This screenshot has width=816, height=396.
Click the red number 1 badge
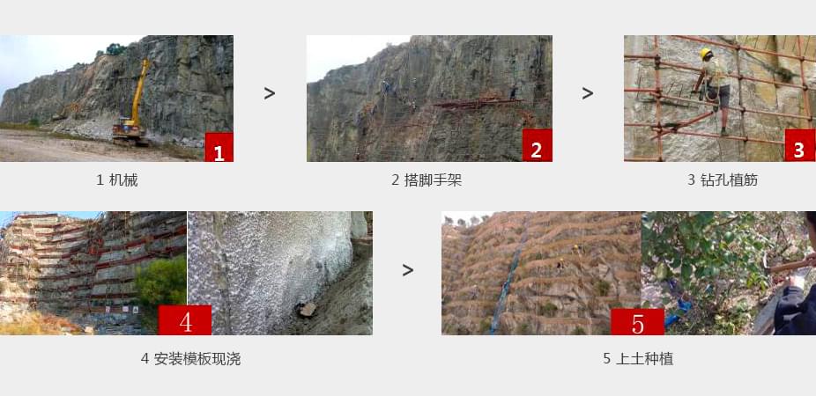[219, 148]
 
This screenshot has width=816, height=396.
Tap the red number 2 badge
[537, 148]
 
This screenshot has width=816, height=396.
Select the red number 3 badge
[799, 147]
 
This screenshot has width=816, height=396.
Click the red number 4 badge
[185, 320]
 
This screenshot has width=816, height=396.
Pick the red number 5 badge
[637, 321]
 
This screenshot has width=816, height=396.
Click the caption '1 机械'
[116, 180]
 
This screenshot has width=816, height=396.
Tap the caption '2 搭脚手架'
[427, 180]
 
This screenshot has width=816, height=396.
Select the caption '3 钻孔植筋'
[723, 180]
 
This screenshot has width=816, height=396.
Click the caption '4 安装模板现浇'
[190, 359]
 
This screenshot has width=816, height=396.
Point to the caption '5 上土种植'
[638, 359]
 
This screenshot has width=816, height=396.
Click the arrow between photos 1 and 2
[270, 93]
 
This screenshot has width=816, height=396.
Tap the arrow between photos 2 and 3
[588, 93]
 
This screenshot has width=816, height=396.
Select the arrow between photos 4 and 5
[407, 270]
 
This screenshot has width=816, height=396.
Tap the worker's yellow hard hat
[706, 54]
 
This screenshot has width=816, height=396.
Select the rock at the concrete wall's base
[307, 309]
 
